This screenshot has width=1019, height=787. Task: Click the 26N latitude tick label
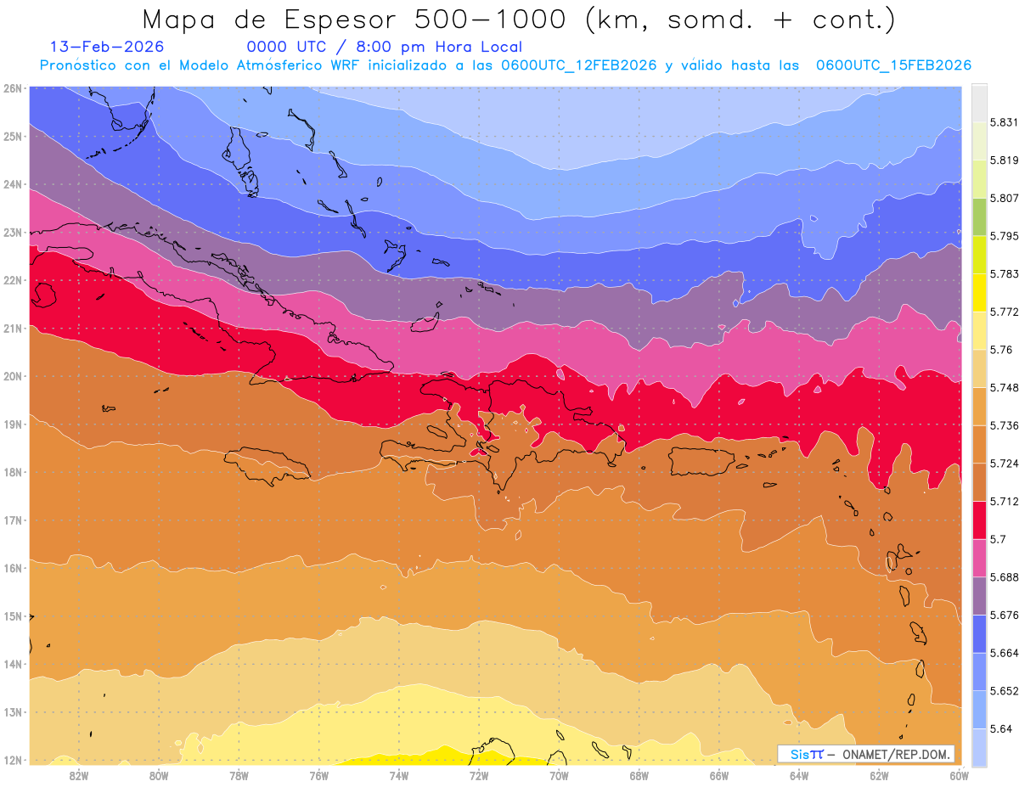[x=13, y=87]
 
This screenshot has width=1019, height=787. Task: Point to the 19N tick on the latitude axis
[x=13, y=424]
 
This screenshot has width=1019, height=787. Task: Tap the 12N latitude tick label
[x=13, y=760]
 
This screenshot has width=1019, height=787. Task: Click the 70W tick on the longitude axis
[x=559, y=775]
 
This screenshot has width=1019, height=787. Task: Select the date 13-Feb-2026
[x=107, y=48]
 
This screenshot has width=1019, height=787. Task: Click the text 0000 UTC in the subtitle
[x=284, y=48]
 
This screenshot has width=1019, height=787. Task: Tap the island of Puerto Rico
[x=701, y=461]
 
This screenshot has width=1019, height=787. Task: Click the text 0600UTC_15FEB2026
[x=893, y=65]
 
